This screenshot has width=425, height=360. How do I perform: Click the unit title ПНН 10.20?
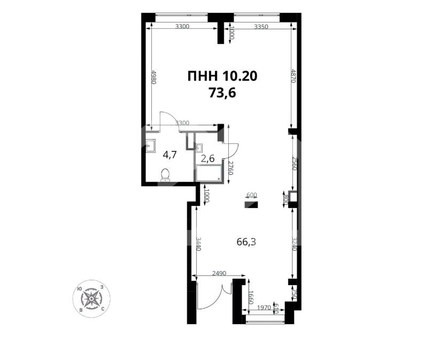point(222,76)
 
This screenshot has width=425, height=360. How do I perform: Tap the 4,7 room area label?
point(170,155)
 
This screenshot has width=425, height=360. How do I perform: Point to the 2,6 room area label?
point(207,158)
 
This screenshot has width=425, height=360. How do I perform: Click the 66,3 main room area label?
point(246,242)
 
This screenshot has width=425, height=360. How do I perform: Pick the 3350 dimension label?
point(261,27)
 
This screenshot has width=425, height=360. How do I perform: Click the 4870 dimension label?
point(293,79)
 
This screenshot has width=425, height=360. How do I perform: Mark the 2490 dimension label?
point(219,273)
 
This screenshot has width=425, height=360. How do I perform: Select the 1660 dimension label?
point(250,297)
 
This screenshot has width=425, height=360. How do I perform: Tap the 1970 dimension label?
point(264,308)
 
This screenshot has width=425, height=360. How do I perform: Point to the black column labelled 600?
point(251,204)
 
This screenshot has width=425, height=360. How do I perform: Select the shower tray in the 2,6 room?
point(209,173)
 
